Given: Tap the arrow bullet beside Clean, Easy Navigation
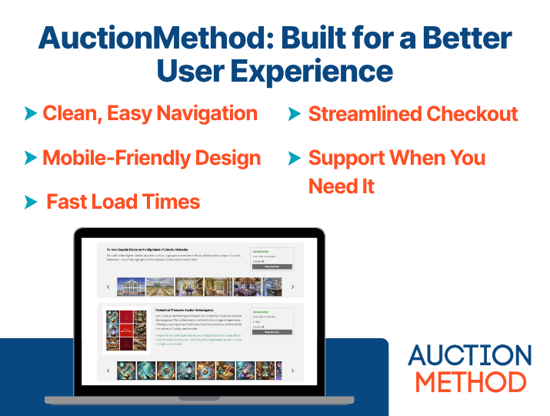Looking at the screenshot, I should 31,114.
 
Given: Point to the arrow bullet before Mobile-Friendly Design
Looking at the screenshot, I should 31,159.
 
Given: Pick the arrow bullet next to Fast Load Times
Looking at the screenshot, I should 31,203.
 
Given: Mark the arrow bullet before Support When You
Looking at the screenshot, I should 294,159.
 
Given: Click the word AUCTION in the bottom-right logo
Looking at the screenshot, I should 469,356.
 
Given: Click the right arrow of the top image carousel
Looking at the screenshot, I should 292,287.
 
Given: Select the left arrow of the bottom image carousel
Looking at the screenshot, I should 108,371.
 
